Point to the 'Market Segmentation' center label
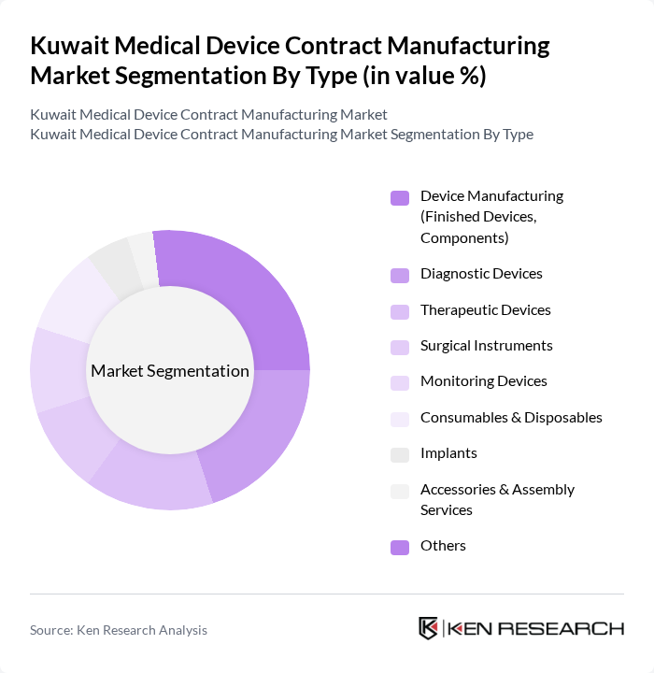[x=170, y=371]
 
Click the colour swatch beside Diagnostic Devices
[x=400, y=275]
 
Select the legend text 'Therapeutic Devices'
[x=485, y=309]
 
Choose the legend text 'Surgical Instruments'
[x=486, y=346]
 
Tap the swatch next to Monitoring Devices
[x=400, y=382]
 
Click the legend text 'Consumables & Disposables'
[x=511, y=417]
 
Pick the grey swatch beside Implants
[x=400, y=454]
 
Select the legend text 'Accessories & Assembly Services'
[x=497, y=499]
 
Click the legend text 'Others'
[x=443, y=545]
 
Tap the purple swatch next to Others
[x=400, y=547]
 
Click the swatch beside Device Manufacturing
[x=400, y=197]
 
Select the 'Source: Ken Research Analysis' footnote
[x=119, y=630]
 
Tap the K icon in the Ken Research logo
[x=428, y=628]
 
